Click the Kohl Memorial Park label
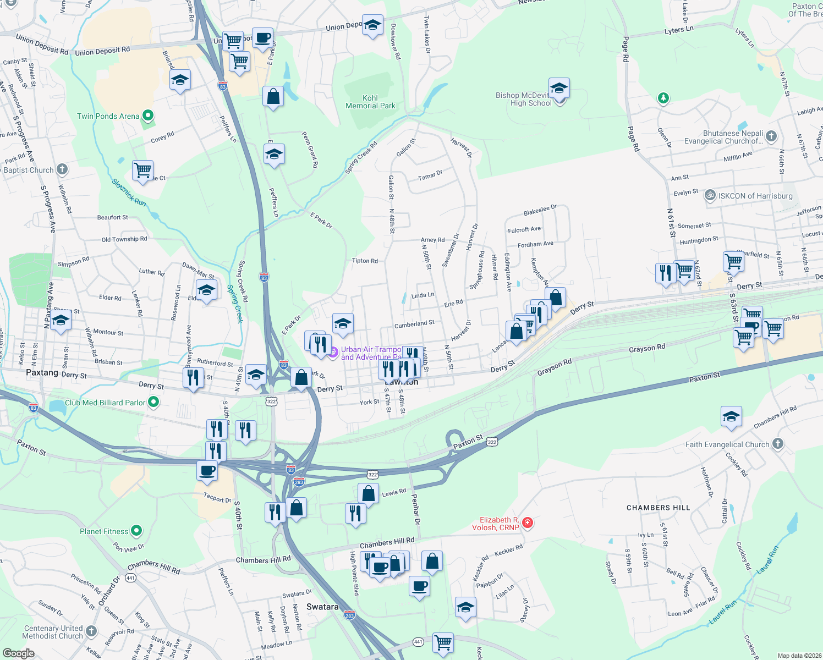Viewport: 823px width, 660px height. click(370, 102)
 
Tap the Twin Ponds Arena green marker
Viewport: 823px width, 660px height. click(147, 116)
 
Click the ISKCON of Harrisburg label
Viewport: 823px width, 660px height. click(755, 196)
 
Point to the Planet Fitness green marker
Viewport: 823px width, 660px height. click(136, 531)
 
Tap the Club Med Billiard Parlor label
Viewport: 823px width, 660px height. click(105, 403)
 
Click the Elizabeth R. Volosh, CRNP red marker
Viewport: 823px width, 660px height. click(528, 522)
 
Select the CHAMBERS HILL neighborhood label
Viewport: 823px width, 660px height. click(658, 508)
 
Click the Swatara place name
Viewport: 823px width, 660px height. click(322, 607)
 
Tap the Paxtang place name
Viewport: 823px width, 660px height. click(42, 372)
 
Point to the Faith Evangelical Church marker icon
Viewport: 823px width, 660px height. click(777, 444)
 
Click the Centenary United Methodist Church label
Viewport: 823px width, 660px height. click(53, 632)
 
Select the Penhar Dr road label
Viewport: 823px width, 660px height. click(416, 509)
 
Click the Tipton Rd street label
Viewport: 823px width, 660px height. click(365, 261)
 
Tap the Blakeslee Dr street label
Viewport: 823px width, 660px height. click(540, 210)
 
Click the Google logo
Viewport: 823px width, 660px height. click(18, 653)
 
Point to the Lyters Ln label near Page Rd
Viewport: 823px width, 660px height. click(678, 30)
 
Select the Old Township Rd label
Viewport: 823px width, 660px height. click(124, 239)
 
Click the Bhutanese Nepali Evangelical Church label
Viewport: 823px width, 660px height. click(723, 137)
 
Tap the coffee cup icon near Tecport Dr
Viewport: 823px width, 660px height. click(207, 471)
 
